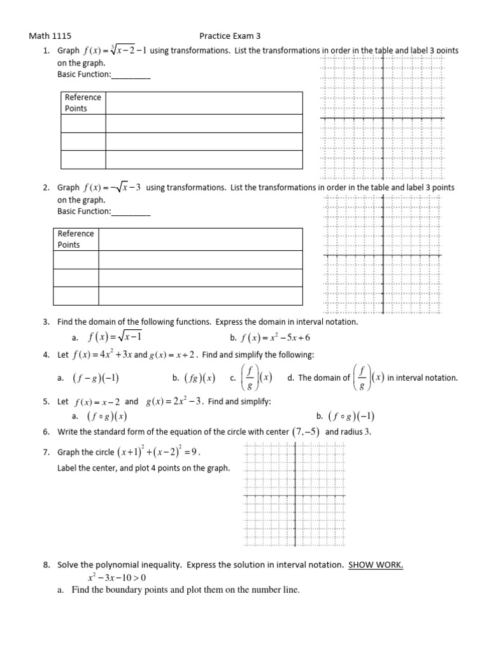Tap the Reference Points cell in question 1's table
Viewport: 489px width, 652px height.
83,103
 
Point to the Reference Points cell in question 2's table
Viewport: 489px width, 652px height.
76,239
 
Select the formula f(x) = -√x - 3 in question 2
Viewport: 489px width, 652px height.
112,188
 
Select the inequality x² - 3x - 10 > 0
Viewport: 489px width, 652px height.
117,578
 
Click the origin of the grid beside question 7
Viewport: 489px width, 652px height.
295,495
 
